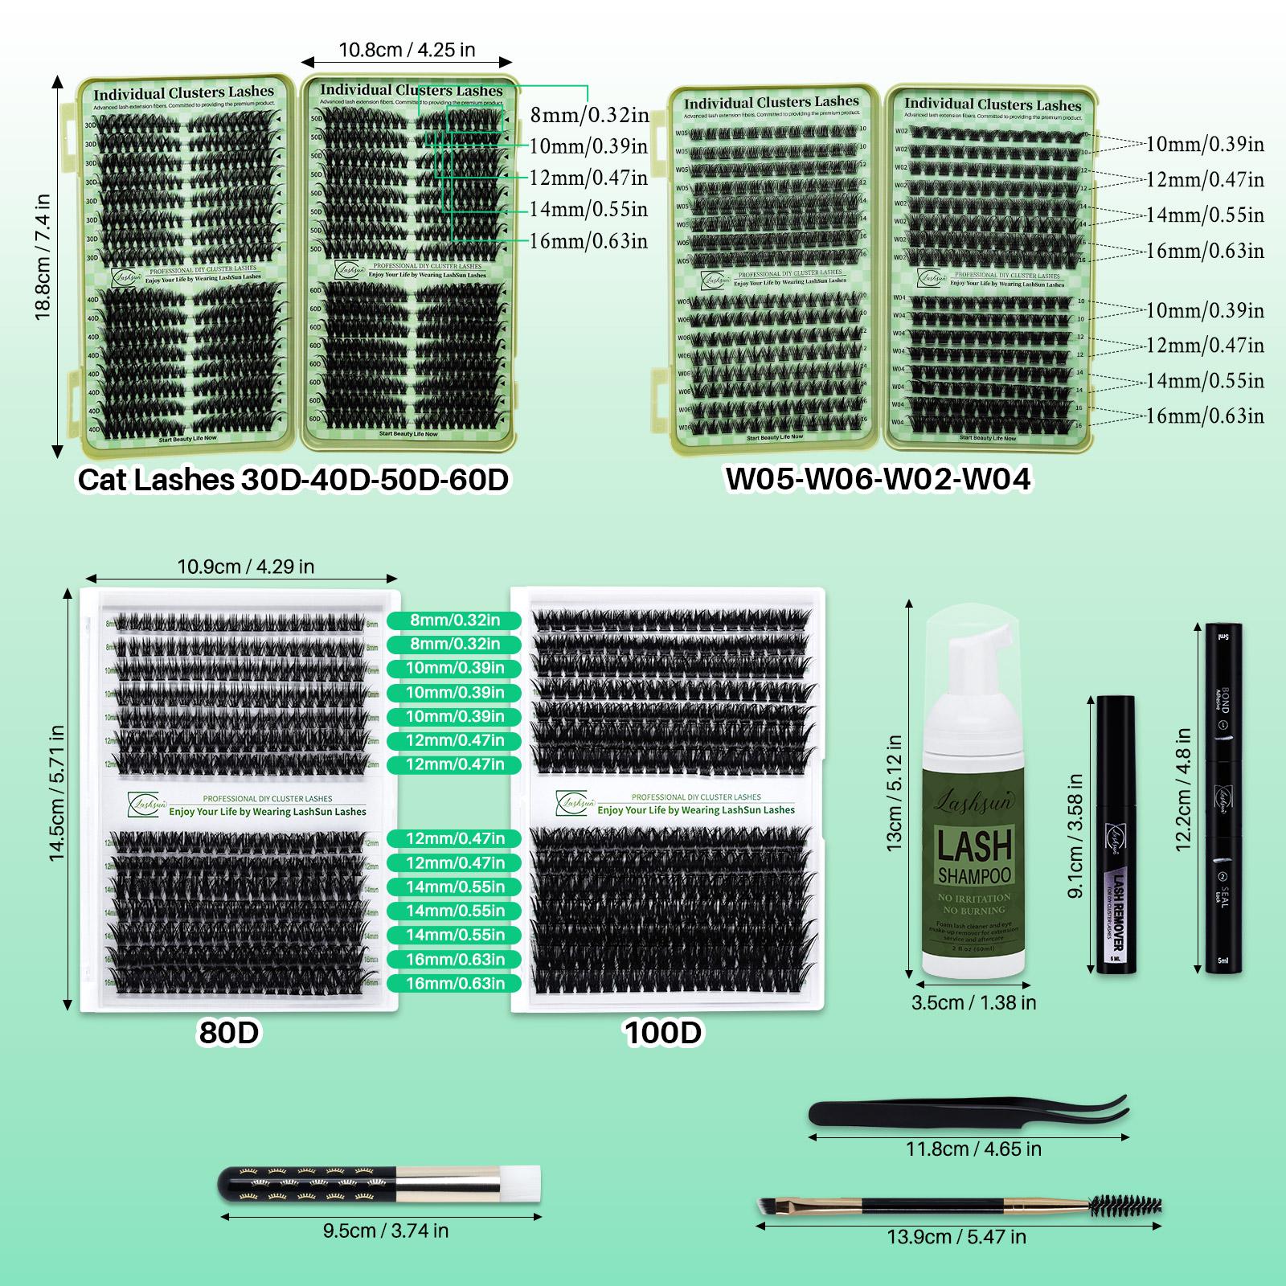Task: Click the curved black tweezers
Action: pos(964,1112)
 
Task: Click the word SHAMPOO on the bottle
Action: pos(974,874)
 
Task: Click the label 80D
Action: pos(229,1033)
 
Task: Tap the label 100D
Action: pos(663,1033)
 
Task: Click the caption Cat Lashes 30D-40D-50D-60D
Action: pos(293,480)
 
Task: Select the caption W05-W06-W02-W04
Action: pos(878,479)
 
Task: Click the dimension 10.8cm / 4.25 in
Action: pos(407,50)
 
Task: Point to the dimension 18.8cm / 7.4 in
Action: pos(42,257)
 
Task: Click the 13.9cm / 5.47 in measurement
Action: pos(956,1236)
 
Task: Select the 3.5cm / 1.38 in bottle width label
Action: pos(973,1002)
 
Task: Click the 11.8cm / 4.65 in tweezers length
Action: pos(973,1149)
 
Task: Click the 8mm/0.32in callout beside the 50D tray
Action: pos(588,115)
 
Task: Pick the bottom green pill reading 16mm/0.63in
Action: pos(455,983)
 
